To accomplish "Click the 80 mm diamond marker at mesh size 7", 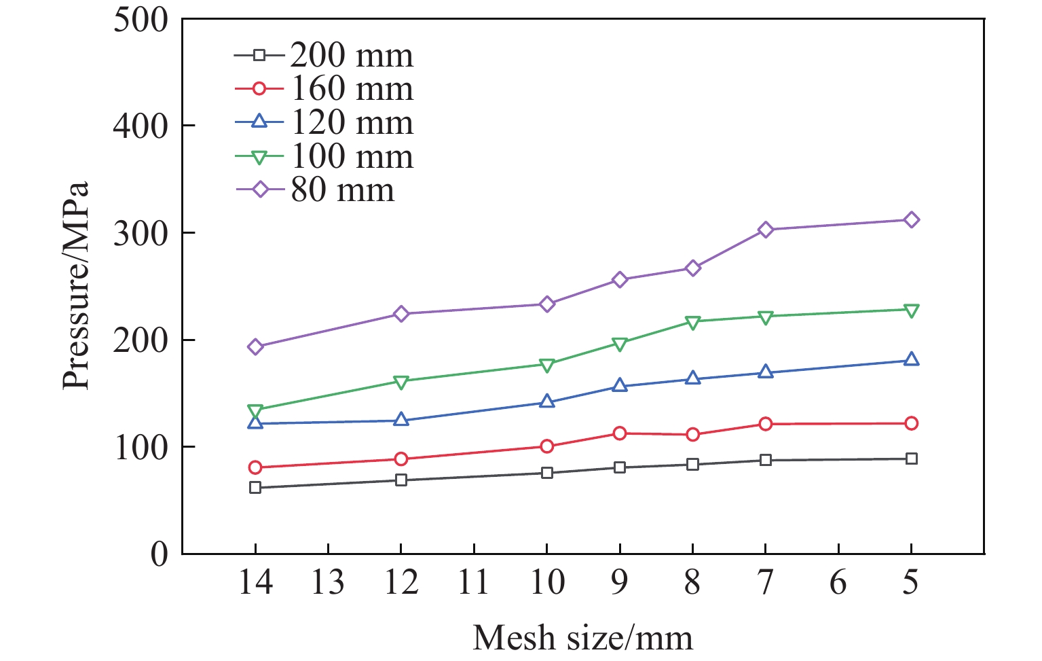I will [766, 230].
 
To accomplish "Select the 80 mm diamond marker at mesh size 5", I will [912, 219].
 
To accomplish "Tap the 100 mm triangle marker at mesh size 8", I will [692, 322].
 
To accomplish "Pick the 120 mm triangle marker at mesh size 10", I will [547, 401].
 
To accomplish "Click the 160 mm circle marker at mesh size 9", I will [620, 433].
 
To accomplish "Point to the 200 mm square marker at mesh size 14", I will [255, 488].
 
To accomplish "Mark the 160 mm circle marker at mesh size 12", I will [401, 459].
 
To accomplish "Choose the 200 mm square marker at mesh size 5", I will [912, 459].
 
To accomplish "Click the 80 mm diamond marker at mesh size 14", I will [255, 346].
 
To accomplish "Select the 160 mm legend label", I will [352, 88].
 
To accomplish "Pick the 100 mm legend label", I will [352, 156].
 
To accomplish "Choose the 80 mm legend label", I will [342, 190].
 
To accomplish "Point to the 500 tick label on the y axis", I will [141, 20].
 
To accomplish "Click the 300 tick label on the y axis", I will [141, 233].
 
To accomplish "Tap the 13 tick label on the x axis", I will [328, 583].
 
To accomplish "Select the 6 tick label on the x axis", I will [838, 583].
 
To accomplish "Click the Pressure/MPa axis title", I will [76, 285].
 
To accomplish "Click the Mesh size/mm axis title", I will [582, 637].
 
